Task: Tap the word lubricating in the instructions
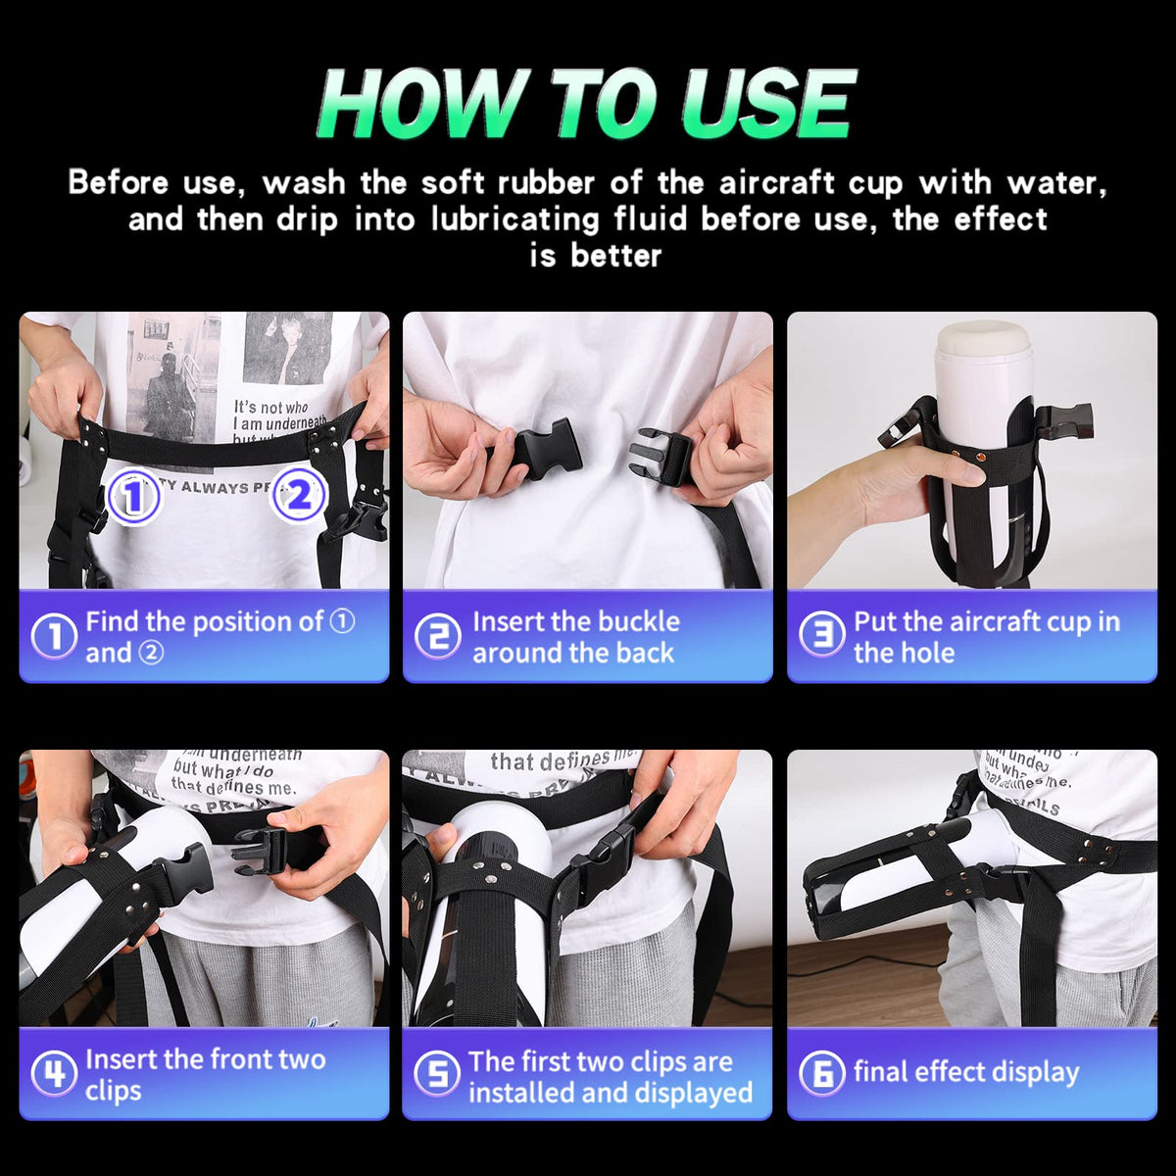(x=514, y=219)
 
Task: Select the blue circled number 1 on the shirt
(x=133, y=497)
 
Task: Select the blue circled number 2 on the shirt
(x=298, y=495)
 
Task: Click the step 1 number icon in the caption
(x=53, y=637)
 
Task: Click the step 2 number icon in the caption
(x=438, y=637)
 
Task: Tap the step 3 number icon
(x=822, y=637)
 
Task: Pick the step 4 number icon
(x=53, y=1074)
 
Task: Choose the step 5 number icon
(x=438, y=1074)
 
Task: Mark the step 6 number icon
(x=822, y=1074)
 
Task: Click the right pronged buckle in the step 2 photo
(x=662, y=456)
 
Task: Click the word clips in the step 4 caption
(x=113, y=1091)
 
